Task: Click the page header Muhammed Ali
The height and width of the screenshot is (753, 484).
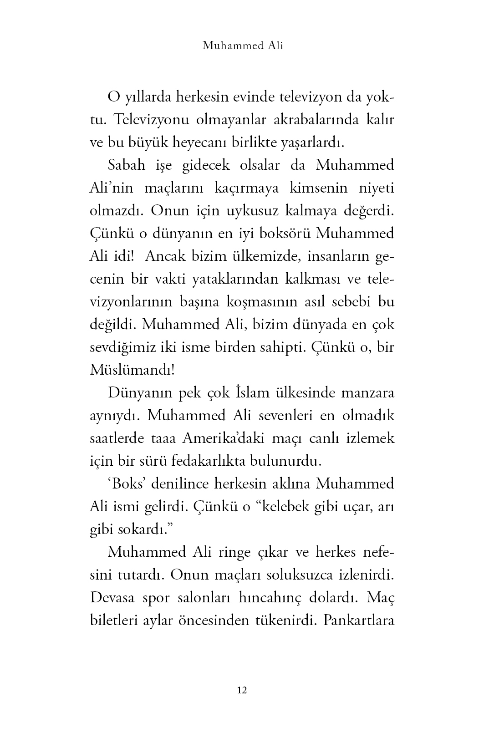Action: point(242,46)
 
